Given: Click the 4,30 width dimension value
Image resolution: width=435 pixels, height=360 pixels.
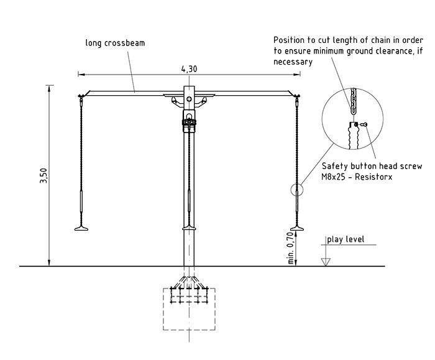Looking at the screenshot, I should click(x=189, y=69).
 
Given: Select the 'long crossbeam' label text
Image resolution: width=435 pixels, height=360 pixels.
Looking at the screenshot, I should click(x=111, y=43).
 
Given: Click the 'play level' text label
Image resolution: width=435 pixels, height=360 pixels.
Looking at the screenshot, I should click(x=346, y=239).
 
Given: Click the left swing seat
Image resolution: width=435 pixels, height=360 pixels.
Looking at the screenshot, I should click(x=81, y=228).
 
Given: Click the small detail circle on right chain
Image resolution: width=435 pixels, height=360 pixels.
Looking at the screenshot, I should click(x=298, y=190).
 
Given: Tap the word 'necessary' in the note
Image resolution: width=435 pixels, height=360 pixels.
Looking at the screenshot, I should click(x=293, y=62).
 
